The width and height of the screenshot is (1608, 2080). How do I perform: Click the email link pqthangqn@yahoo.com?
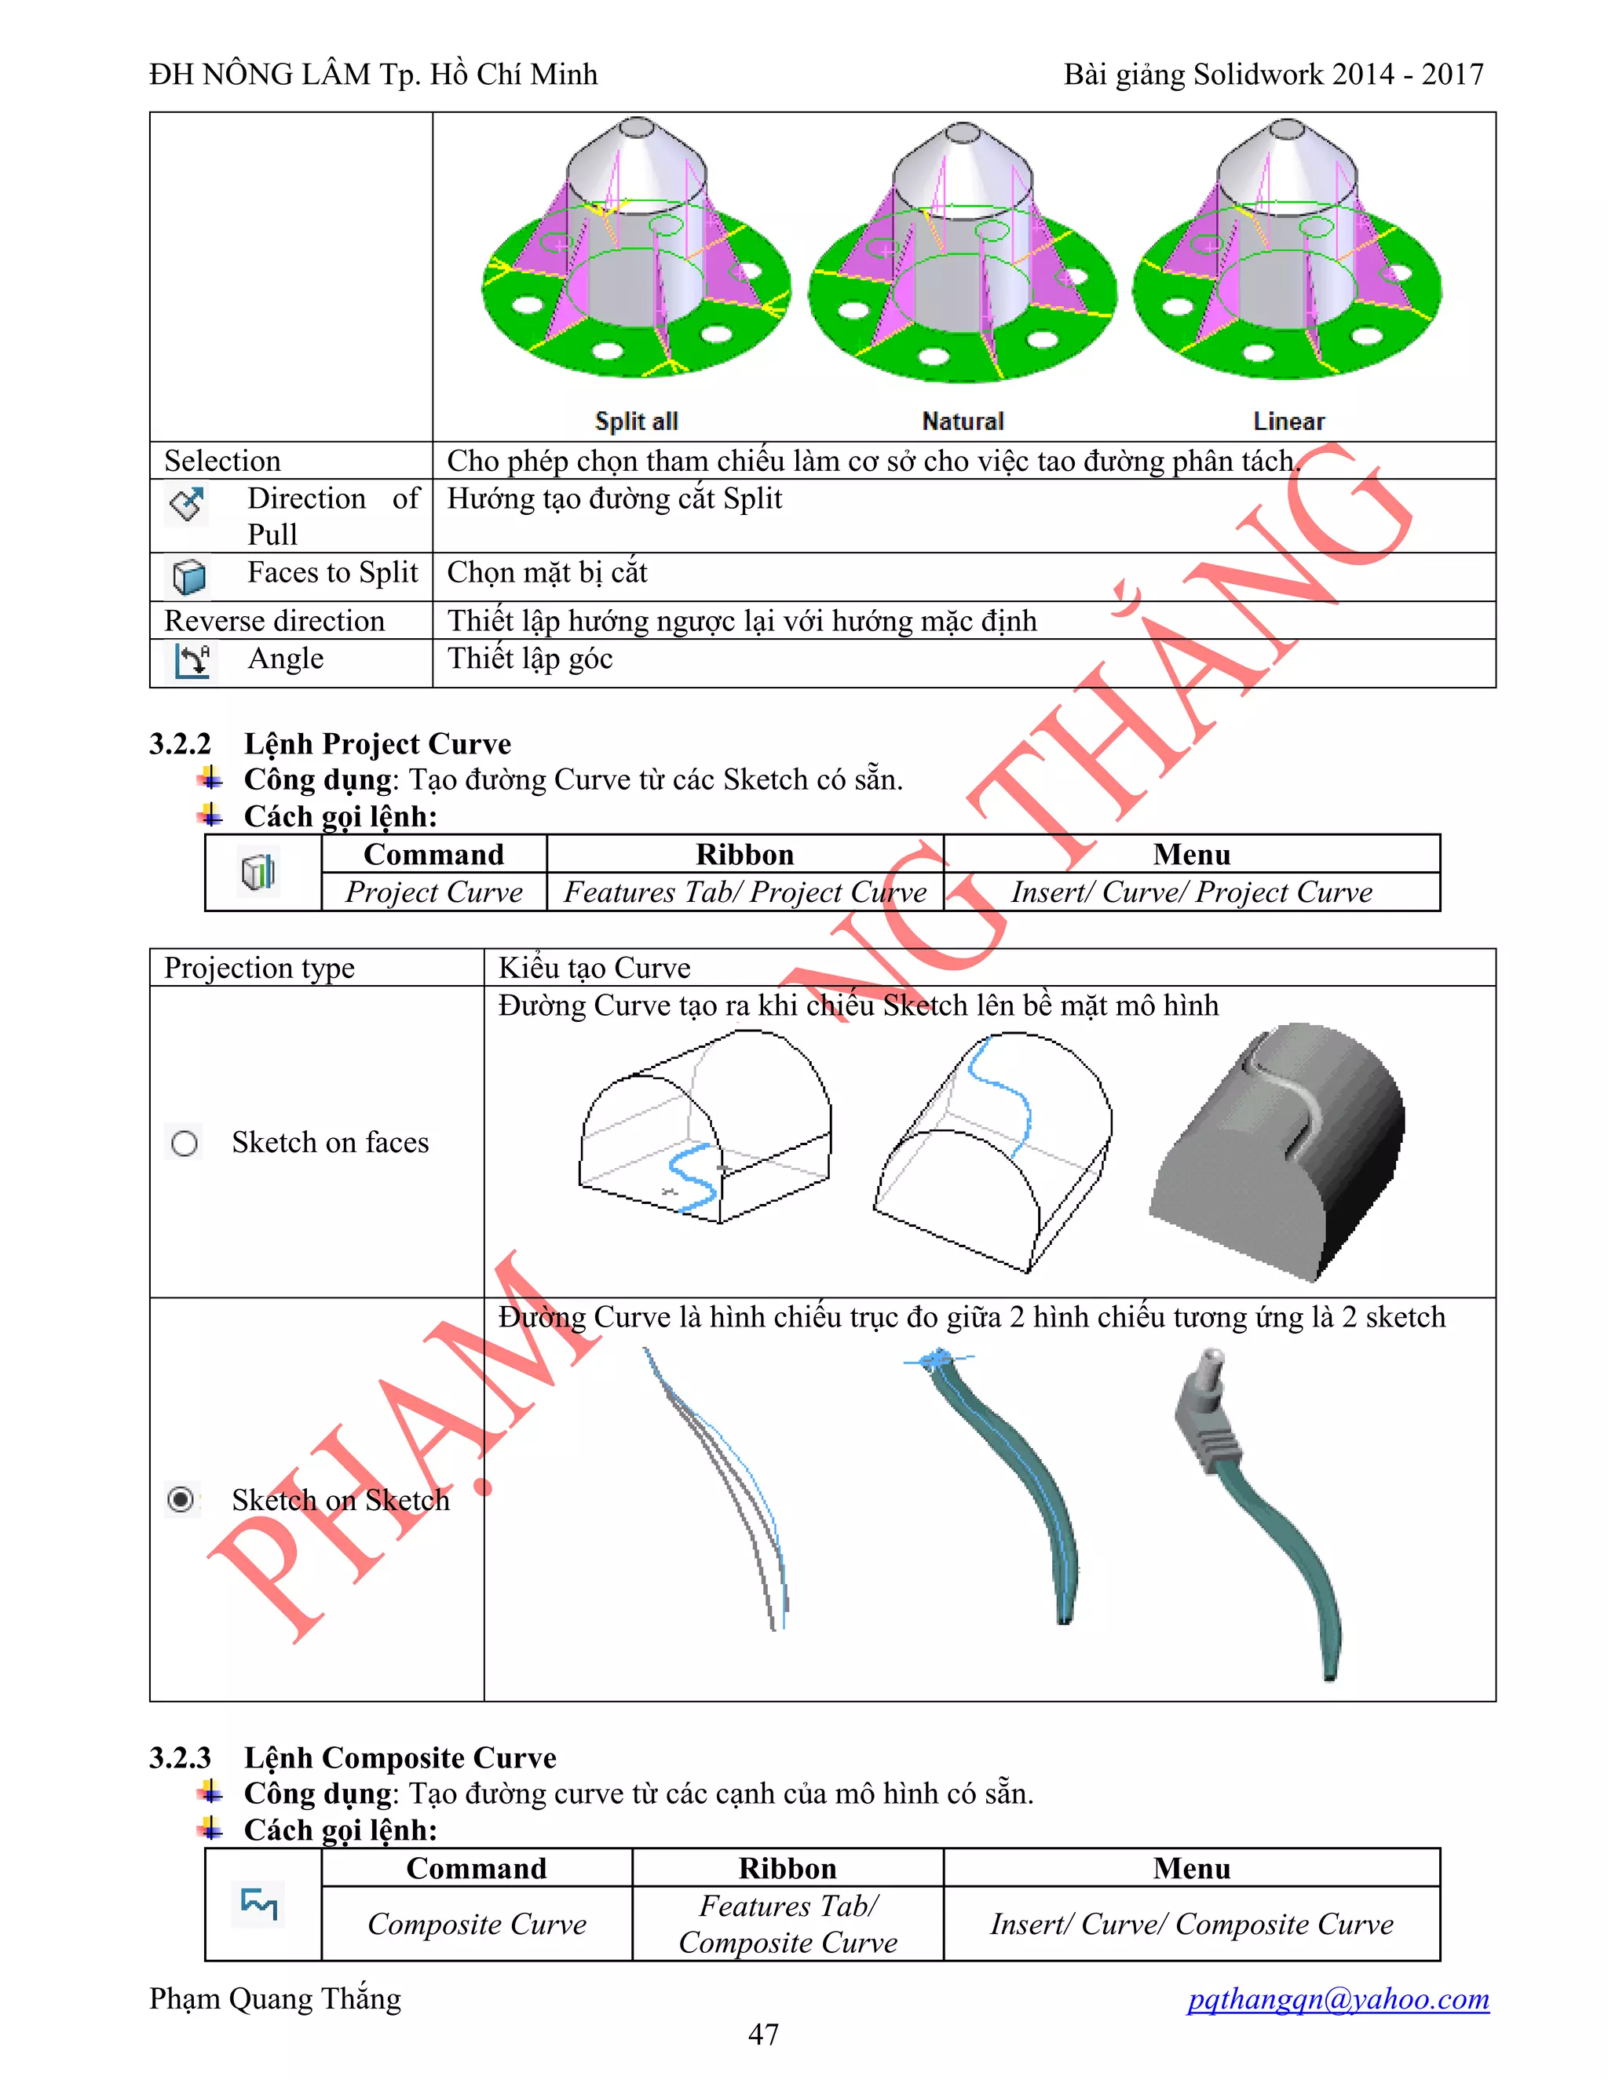[x=1337, y=1998]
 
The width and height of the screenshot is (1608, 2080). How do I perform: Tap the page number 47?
[x=763, y=2034]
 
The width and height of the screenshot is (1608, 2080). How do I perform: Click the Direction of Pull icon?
[x=187, y=504]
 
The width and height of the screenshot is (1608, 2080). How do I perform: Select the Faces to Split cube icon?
[x=189, y=576]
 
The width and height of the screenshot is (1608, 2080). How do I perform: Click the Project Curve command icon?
[x=258, y=871]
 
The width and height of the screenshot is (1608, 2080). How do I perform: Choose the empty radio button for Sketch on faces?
[x=184, y=1143]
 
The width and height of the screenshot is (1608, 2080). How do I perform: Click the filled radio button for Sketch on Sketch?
[x=181, y=1500]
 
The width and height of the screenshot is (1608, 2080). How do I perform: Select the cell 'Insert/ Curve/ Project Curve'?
[x=1191, y=892]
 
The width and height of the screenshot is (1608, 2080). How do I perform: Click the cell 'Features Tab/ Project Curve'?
[x=745, y=892]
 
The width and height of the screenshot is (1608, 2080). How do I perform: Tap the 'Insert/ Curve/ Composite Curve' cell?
[x=1191, y=1924]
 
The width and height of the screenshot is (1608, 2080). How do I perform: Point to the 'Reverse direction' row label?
[x=274, y=621]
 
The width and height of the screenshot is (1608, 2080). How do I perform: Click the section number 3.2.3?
[x=180, y=1757]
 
